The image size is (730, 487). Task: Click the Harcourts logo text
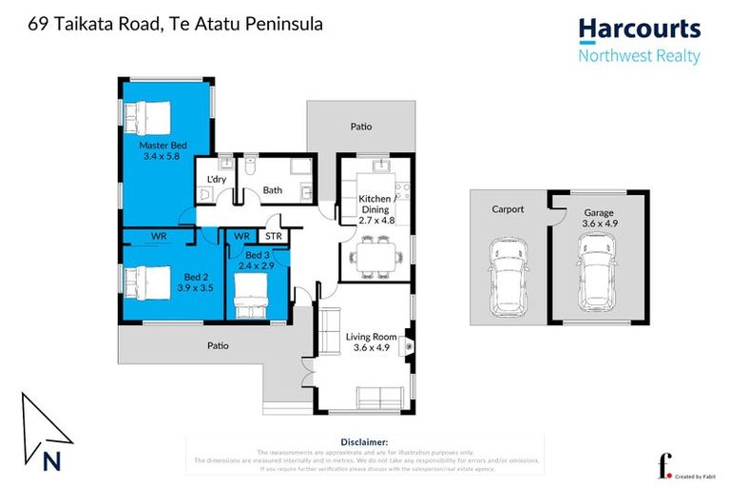[x=639, y=29]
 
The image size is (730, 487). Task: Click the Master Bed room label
[x=162, y=145]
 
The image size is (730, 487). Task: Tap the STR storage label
[x=273, y=235]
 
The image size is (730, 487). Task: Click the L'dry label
[x=216, y=179]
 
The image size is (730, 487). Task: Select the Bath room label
[x=273, y=190]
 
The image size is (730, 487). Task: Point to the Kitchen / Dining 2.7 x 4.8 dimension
[x=376, y=221]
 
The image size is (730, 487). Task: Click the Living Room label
[x=372, y=336]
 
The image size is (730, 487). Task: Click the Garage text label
[x=598, y=213]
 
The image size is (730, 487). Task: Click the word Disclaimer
[x=363, y=442]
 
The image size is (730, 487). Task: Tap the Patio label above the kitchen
[x=360, y=127]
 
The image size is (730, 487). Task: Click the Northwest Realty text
[x=639, y=56]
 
